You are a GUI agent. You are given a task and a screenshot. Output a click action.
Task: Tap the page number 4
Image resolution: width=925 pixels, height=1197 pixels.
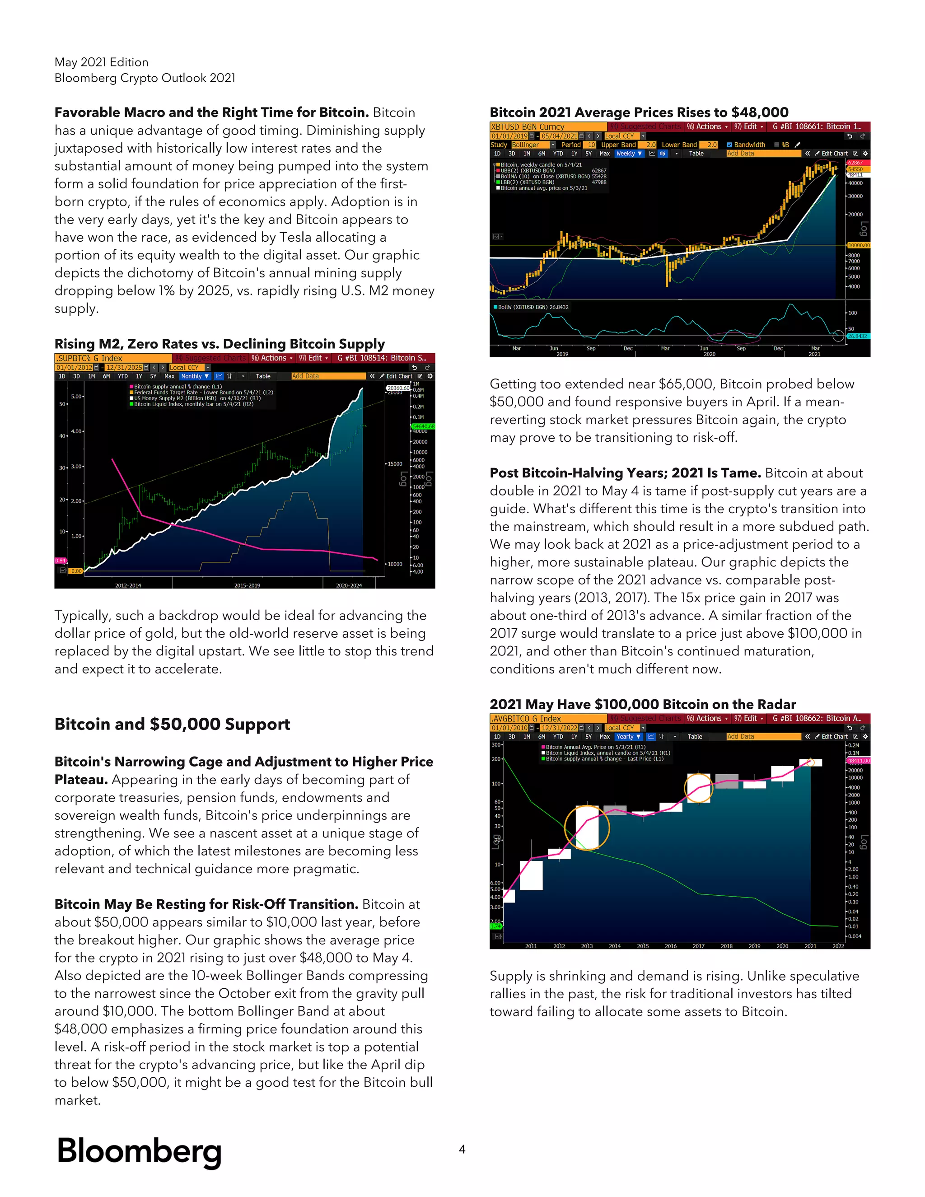(462, 1149)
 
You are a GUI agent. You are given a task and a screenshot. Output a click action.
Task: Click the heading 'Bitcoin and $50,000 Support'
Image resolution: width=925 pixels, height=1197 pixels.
(172, 724)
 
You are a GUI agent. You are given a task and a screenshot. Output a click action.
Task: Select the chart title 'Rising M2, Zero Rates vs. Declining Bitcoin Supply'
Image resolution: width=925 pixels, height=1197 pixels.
(219, 344)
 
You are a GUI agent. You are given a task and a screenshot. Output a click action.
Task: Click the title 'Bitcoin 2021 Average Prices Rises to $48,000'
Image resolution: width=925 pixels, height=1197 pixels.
(639, 112)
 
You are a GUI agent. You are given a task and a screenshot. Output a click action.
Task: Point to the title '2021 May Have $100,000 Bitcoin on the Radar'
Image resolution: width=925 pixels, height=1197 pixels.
(642, 704)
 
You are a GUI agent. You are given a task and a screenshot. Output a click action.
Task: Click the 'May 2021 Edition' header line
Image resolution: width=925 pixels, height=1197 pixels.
(101, 62)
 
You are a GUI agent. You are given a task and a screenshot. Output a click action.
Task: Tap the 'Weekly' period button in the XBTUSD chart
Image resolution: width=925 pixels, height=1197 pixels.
(628, 154)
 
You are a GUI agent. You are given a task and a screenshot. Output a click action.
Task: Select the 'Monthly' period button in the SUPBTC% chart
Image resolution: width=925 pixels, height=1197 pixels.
(195, 376)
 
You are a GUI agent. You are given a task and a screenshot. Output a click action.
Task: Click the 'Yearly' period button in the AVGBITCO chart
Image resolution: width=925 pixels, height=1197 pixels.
(627, 737)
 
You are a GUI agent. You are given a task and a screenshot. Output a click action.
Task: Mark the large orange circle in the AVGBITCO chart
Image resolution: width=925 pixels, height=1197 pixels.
(587, 827)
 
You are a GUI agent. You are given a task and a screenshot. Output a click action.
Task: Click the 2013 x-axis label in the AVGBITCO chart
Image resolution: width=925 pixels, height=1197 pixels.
(587, 946)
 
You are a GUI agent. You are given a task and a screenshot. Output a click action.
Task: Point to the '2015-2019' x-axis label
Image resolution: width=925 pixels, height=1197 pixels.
(247, 585)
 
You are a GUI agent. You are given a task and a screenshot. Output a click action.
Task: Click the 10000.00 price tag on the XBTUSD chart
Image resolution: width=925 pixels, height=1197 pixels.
(858, 245)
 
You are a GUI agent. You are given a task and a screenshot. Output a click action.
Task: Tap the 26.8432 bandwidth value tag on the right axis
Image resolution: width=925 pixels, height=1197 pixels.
(858, 336)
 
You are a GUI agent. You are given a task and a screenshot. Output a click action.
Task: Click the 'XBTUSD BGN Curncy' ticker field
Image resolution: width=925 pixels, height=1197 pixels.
(527, 126)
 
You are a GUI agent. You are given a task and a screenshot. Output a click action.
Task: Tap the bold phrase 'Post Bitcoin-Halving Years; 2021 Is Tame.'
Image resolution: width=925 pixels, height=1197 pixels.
(625, 473)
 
